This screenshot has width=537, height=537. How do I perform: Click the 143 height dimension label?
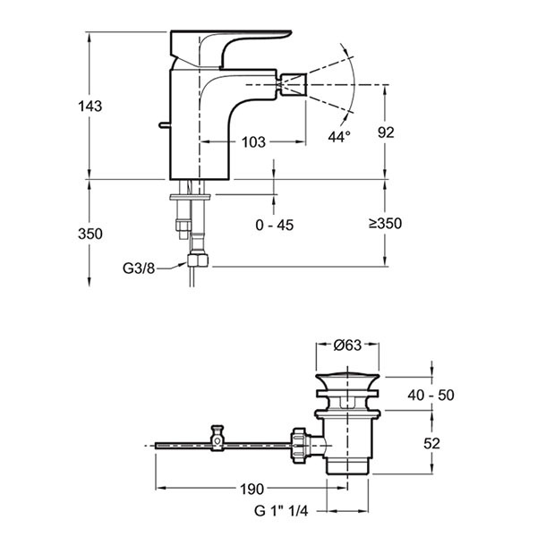point(89,106)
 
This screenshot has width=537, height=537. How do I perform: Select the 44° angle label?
point(338,136)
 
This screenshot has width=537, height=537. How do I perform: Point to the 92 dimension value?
point(386,132)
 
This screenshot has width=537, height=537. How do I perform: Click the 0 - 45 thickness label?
point(274,226)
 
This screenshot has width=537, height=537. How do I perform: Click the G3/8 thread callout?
point(140,268)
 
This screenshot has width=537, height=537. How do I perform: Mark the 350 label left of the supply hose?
point(89,234)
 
